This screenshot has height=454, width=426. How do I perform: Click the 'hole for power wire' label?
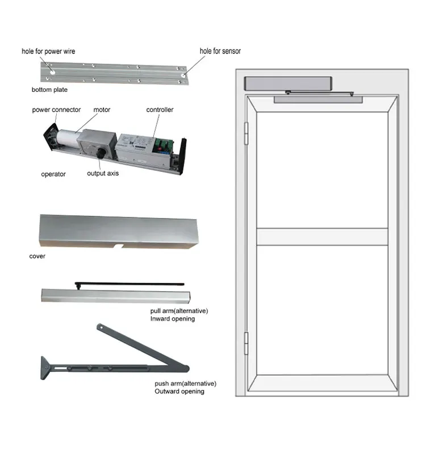48,52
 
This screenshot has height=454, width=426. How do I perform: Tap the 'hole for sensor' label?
220,51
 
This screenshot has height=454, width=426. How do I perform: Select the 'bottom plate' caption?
49,90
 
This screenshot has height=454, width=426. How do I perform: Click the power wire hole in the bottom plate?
52,73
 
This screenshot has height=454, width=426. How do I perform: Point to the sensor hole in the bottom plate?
183,75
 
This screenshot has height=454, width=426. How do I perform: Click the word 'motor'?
102,110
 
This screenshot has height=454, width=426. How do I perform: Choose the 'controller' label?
160,110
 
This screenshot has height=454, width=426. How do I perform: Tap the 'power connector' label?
56,110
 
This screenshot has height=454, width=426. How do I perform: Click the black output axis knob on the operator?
101,153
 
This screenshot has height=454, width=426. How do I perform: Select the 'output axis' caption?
103,174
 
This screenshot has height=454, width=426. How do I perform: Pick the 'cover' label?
37,257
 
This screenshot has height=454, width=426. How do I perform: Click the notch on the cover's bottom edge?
119,246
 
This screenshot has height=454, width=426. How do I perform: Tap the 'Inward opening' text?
173,319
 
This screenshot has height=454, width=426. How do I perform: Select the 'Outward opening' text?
179,392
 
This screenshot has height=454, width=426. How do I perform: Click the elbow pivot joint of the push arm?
186,368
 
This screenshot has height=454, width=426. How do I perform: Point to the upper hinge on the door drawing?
247,133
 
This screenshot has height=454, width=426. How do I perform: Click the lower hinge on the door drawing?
247,343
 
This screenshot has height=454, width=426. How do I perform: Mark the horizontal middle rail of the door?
322,237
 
